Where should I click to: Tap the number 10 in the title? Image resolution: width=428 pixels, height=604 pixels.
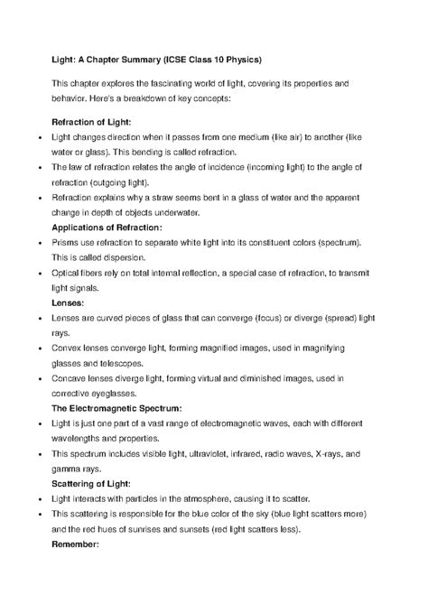click(247, 60)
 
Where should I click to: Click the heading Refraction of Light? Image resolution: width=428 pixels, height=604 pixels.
click(92, 121)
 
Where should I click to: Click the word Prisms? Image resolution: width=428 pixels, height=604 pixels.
click(69, 243)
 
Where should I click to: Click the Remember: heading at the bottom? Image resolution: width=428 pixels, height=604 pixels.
click(79, 546)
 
